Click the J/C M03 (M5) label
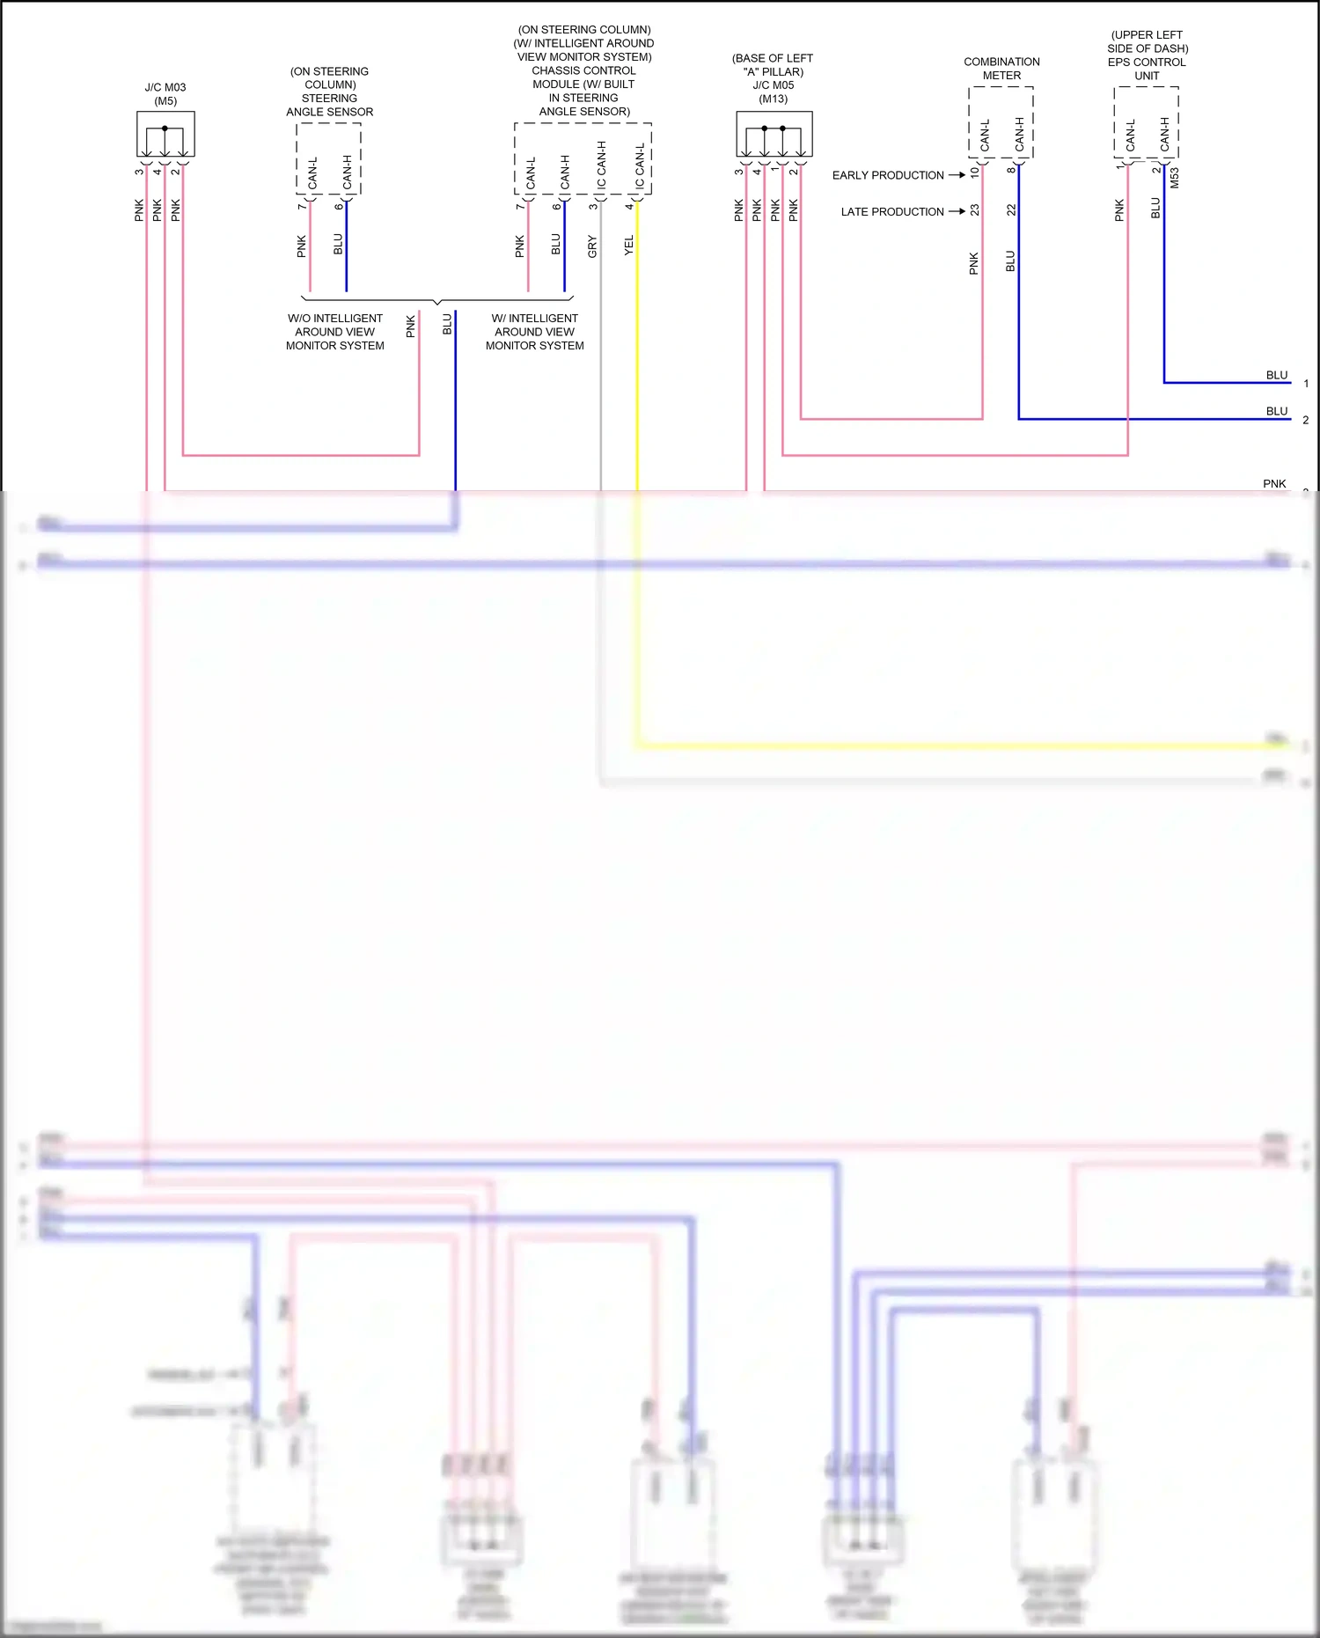[165, 94]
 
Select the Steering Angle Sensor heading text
[330, 92]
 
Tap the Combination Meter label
[1001, 69]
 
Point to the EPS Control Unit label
[1147, 55]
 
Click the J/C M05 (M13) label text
[773, 78]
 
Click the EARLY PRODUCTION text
[888, 175]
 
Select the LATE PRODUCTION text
[891, 212]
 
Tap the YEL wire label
[628, 246]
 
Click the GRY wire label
[592, 246]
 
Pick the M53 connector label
[1174, 178]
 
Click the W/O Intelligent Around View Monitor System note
[335, 332]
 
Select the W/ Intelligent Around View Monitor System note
[535, 332]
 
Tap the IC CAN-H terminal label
[602, 165]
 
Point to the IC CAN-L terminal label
[640, 165]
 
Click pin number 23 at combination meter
[974, 210]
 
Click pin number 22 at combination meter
[1011, 210]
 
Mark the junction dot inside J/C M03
[165, 129]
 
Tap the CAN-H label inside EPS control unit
[1165, 134]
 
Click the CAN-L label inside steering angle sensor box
[312, 173]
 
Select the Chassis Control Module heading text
[584, 70]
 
